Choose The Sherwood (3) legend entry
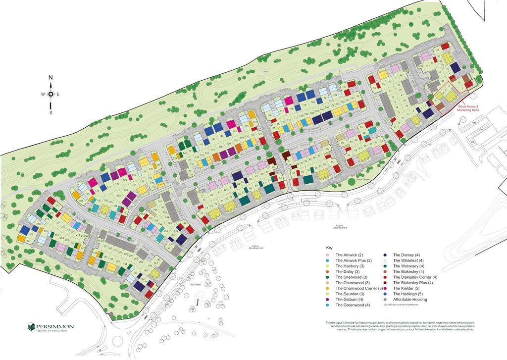click(x=351, y=277)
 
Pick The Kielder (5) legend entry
click(x=406, y=288)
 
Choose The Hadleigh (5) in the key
click(x=407, y=294)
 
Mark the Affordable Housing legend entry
click(x=409, y=300)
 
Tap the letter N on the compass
click(x=51, y=78)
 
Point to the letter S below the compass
click(x=51, y=112)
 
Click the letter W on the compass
click(x=43, y=94)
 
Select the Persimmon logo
click(x=51, y=327)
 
